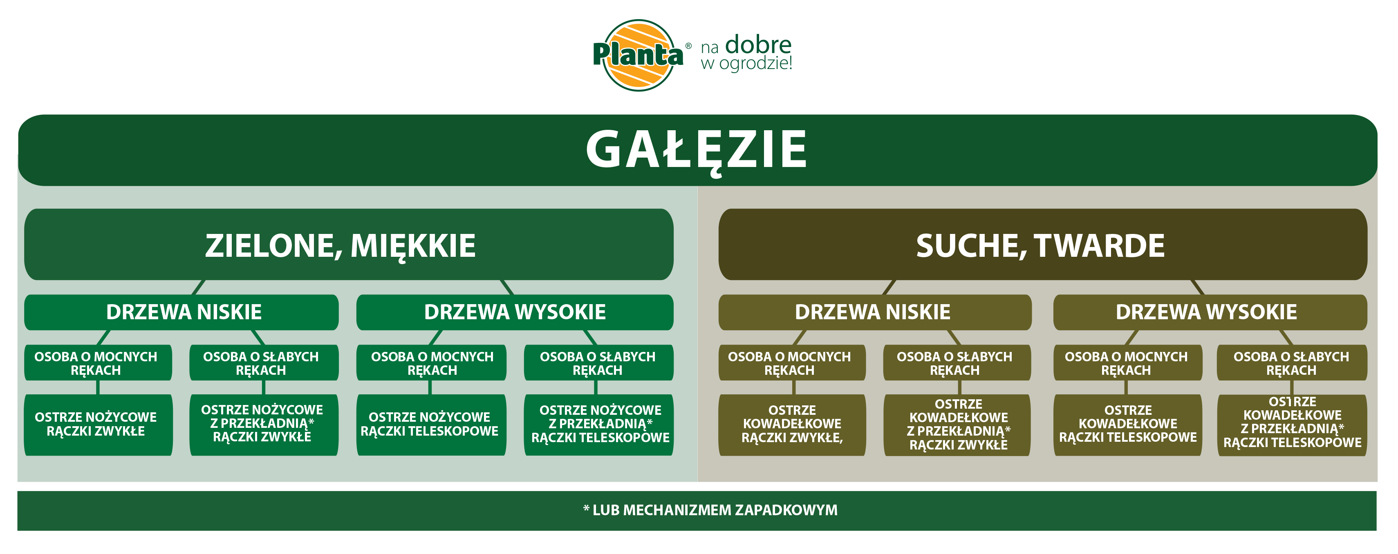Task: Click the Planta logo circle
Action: (639, 55)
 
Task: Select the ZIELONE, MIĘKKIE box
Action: (348, 245)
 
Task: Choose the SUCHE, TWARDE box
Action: (1042, 245)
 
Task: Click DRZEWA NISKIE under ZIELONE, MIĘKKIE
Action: (181, 312)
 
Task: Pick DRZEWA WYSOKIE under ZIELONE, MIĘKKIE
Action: (515, 312)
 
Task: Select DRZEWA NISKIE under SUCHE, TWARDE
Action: (875, 312)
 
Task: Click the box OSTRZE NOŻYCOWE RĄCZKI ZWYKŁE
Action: (98, 425)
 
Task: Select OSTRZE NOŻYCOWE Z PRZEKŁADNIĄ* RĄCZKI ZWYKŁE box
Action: (264, 425)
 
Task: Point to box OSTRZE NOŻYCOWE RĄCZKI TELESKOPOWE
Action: (431, 425)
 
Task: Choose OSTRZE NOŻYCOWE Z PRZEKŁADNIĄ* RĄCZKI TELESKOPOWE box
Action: (598, 425)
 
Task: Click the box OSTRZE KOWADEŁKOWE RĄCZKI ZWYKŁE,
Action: (792, 425)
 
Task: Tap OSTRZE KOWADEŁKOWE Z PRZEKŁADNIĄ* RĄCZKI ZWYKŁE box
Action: (957, 425)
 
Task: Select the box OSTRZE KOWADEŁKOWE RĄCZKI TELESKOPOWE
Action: (1128, 425)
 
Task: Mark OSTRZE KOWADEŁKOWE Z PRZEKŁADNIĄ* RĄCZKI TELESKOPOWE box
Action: (1292, 425)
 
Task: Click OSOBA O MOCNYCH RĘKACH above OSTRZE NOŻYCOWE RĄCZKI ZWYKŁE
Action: (98, 363)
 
